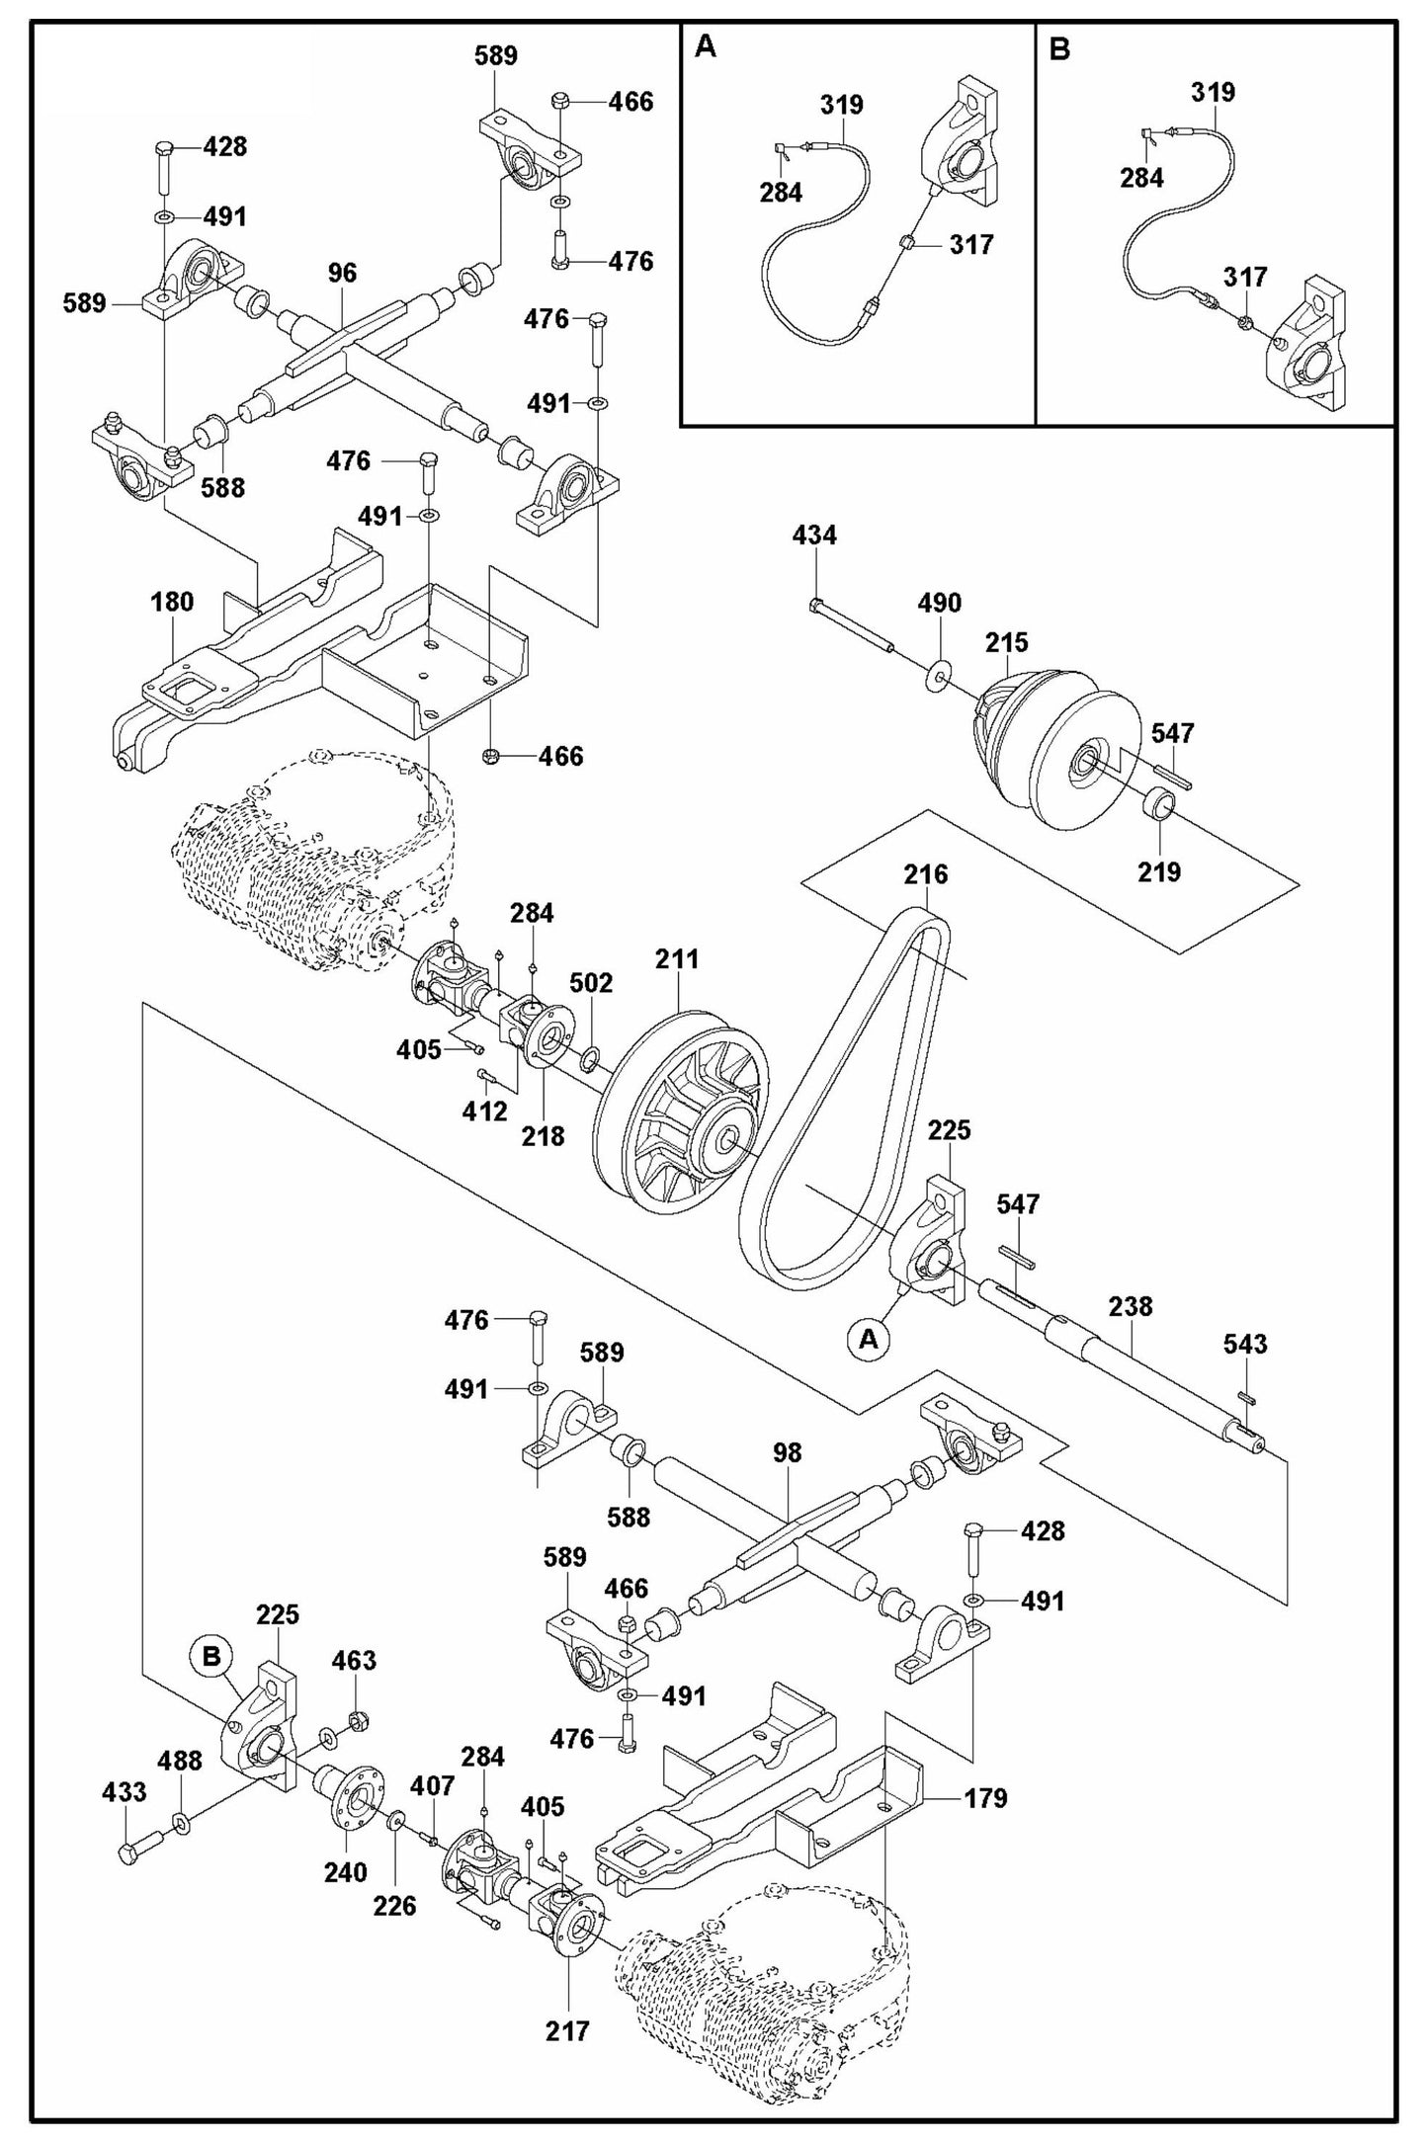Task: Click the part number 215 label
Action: click(1006, 642)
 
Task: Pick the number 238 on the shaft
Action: click(1130, 1306)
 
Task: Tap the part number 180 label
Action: click(172, 602)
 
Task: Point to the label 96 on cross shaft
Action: click(342, 274)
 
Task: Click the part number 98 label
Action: click(788, 1453)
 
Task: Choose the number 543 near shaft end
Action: click(1245, 1344)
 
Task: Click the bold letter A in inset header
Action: click(705, 46)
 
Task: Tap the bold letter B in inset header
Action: click(1058, 48)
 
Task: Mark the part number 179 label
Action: click(985, 1798)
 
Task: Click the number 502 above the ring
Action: click(591, 983)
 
